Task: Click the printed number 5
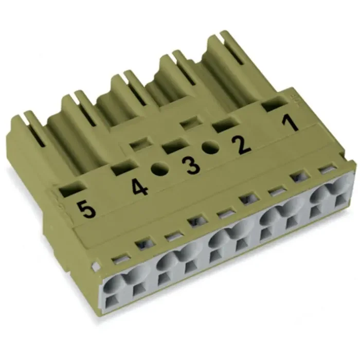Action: [x=86, y=210]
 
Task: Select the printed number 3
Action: [x=191, y=166]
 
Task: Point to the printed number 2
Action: [x=241, y=145]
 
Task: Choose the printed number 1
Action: [x=291, y=124]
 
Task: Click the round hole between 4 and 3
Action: [x=158, y=169]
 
